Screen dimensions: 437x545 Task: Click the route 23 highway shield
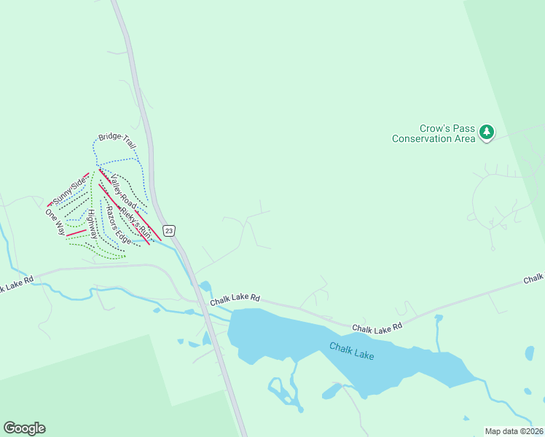pos(169,231)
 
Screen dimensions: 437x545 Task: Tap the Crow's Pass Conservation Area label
pos(434,133)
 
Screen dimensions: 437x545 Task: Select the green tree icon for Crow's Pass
pos(486,133)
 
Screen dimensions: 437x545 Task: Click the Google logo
pos(24,428)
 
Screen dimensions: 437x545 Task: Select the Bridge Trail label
pos(117,142)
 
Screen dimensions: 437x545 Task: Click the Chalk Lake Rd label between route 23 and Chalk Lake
pos(235,299)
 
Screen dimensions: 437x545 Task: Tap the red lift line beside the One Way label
pos(76,233)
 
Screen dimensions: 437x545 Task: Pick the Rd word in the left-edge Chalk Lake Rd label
pos(28,280)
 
